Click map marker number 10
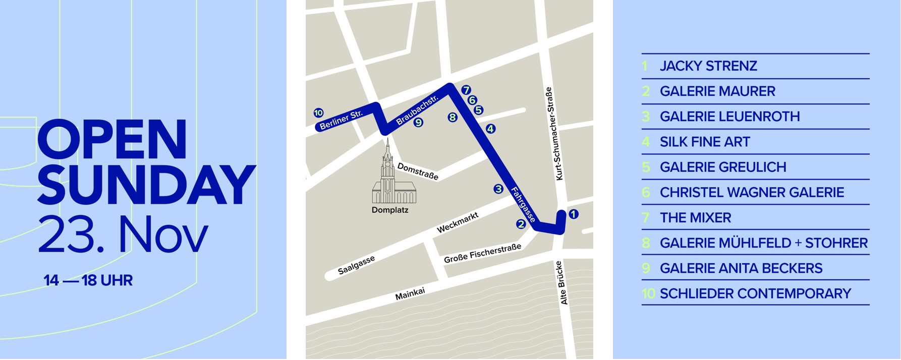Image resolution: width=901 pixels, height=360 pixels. (318, 113)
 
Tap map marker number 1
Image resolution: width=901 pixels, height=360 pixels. (573, 214)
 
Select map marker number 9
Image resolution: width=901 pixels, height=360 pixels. (418, 122)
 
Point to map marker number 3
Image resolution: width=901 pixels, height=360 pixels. (498, 189)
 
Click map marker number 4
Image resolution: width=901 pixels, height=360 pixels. (490, 129)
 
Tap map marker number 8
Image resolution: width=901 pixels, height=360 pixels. (453, 117)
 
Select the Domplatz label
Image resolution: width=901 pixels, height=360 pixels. (390, 210)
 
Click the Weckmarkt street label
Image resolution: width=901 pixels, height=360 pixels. (457, 223)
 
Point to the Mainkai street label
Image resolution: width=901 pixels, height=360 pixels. (410, 294)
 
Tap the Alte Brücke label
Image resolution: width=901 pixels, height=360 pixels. (564, 282)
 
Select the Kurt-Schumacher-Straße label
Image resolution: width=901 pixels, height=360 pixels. (554, 134)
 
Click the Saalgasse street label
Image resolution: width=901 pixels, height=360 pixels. (356, 265)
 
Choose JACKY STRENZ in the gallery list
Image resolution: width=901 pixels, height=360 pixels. (708, 66)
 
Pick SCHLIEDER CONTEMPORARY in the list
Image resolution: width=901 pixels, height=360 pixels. (755, 293)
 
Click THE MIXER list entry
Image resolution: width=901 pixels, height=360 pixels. (695, 218)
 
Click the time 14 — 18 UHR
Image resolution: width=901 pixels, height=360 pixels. (88, 280)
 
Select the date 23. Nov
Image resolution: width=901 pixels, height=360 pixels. (123, 234)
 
